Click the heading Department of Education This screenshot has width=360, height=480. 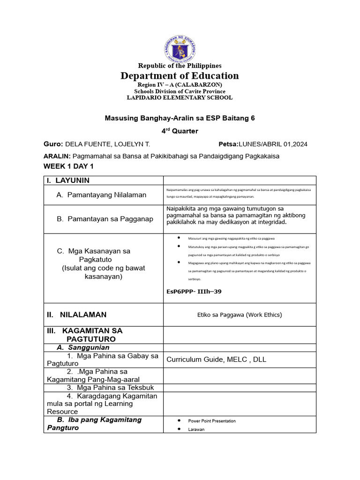point(180,76)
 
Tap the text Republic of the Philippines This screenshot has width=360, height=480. point(180,66)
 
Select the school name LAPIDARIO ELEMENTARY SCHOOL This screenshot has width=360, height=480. point(180,97)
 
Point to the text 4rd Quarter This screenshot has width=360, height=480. point(180,131)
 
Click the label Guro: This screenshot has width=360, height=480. point(53,144)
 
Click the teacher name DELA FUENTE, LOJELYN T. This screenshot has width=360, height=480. point(102,144)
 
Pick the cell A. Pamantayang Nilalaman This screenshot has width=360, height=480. point(101,195)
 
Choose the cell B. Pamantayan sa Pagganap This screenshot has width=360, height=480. point(105,219)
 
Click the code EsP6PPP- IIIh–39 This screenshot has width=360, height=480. point(194,292)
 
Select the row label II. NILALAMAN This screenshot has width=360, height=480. point(77,315)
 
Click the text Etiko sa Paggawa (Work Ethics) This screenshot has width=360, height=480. point(240,315)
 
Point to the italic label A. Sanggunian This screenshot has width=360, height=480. point(83,347)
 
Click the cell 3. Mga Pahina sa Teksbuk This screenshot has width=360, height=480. point(110,388)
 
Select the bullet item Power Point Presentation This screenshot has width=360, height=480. point(212,421)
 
